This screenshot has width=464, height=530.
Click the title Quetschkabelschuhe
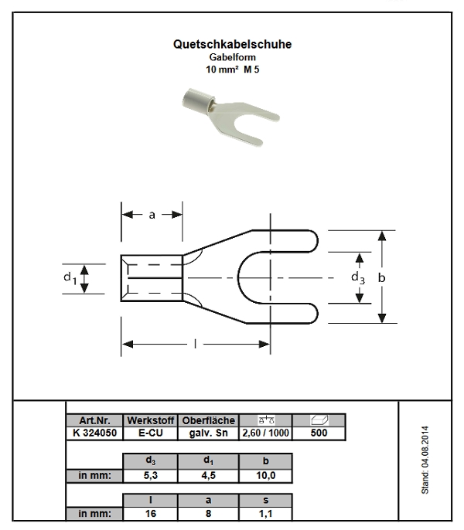click(x=232, y=44)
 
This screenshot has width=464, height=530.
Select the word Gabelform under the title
click(x=232, y=57)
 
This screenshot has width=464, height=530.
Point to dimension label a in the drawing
click(x=152, y=215)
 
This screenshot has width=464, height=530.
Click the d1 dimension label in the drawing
click(x=70, y=278)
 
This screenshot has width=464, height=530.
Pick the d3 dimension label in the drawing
click(x=358, y=278)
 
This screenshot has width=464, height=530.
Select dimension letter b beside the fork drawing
click(x=381, y=277)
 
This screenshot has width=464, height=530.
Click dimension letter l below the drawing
click(x=195, y=344)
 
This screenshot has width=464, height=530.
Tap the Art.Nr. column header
click(x=95, y=420)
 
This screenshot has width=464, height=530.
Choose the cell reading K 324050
click(x=95, y=433)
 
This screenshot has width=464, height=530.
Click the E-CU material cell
click(x=151, y=433)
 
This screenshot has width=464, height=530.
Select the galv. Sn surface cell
click(x=209, y=433)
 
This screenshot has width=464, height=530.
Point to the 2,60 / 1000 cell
click(x=266, y=433)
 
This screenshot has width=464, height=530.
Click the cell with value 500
click(x=319, y=433)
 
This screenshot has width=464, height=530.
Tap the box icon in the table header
click(x=319, y=420)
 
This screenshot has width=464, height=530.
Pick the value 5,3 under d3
click(x=151, y=476)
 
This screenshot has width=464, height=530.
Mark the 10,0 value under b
click(x=266, y=476)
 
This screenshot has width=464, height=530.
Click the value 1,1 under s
click(x=266, y=514)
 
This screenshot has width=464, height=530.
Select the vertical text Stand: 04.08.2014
click(x=425, y=460)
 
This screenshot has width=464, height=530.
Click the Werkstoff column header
click(x=151, y=420)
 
